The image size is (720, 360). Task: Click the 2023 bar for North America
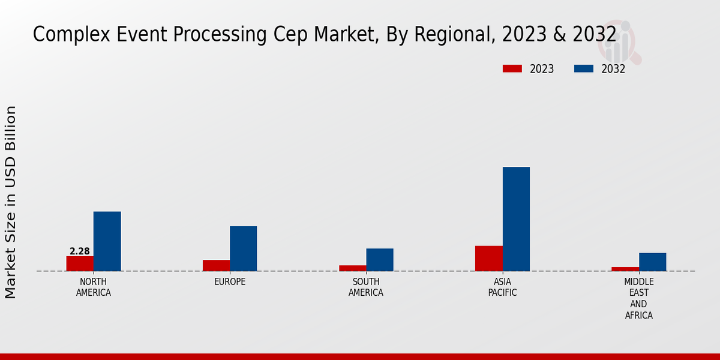click(80, 263)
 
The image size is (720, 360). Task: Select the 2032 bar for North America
click(107, 241)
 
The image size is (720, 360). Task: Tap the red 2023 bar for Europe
click(216, 265)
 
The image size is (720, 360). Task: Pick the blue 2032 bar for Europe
click(243, 248)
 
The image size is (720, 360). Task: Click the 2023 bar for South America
click(352, 268)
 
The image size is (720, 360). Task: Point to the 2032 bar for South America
click(380, 260)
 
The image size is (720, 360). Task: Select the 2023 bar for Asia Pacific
click(488, 259)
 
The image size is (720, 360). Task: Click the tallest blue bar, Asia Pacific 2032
click(516, 219)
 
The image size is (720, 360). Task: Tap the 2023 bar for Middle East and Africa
click(625, 269)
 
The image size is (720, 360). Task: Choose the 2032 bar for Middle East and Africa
click(652, 262)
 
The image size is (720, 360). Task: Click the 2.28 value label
click(80, 251)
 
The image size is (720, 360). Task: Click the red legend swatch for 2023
click(512, 69)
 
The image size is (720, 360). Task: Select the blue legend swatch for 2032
click(583, 69)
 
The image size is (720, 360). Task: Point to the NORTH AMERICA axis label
click(94, 287)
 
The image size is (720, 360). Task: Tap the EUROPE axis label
click(230, 282)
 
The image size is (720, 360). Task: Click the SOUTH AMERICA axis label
click(366, 287)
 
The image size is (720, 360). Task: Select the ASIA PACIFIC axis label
click(502, 287)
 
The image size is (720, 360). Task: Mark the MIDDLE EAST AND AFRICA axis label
click(639, 298)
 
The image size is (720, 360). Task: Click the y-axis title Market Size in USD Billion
click(11, 202)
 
